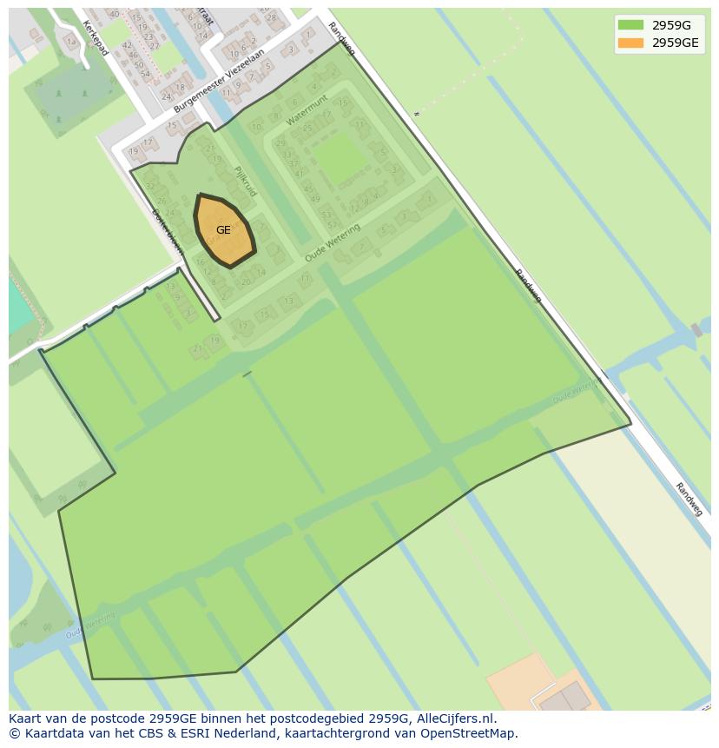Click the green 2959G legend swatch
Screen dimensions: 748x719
point(630,24)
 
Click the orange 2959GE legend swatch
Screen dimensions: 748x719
point(630,43)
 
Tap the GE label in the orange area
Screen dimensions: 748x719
point(223,230)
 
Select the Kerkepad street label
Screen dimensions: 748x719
point(96,37)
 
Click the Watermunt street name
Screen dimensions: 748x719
point(306,110)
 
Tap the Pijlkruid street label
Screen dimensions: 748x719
point(245,181)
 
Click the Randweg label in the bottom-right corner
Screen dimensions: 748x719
point(689,500)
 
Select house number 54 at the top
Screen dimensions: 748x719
point(145,73)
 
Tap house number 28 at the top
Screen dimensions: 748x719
point(271,17)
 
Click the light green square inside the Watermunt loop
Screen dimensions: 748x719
point(339,158)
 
